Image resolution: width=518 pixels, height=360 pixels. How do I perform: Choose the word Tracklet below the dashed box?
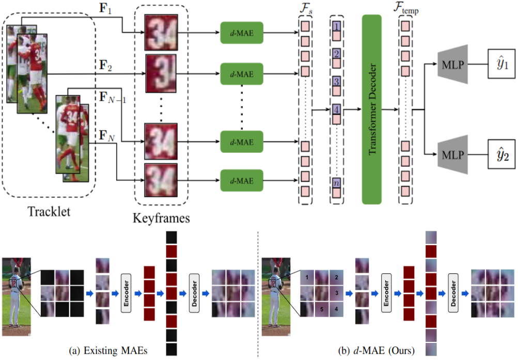49,212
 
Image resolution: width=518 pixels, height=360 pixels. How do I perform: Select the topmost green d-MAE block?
242,34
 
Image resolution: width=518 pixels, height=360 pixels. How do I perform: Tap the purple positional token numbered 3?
336,82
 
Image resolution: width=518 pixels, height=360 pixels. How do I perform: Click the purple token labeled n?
336,182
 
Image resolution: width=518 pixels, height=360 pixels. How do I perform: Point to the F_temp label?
405,9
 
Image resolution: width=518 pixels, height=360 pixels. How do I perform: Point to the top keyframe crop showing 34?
161,32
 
